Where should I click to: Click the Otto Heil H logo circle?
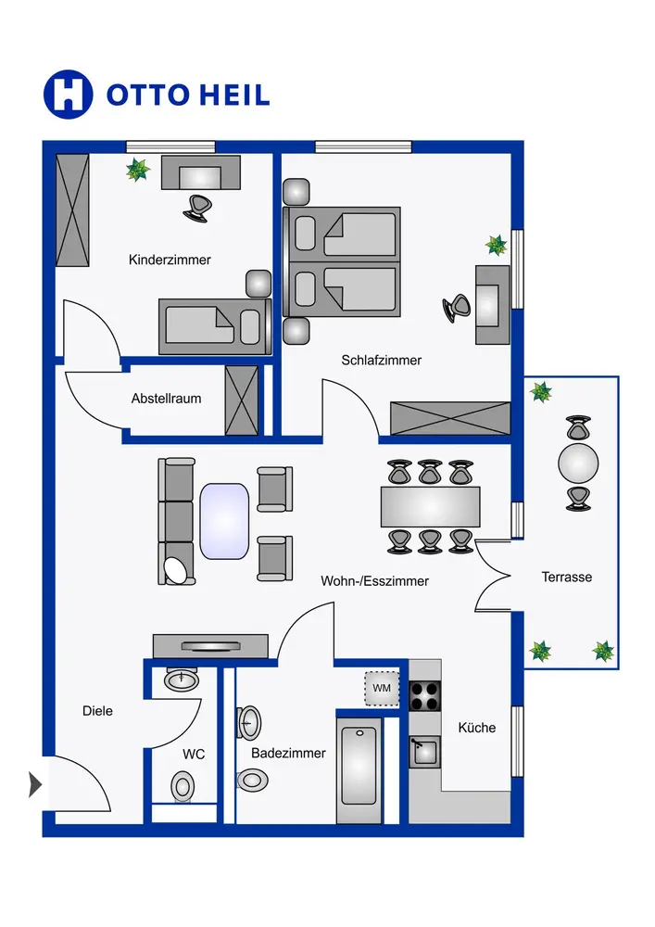69,94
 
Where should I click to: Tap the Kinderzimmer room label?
170,260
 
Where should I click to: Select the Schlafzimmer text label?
381,360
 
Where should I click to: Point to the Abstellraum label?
166,399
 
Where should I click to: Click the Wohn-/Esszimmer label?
374,581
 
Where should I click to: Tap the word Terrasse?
566,577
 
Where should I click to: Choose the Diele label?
97,711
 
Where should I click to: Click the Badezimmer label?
288,753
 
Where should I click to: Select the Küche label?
476,728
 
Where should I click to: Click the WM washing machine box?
382,688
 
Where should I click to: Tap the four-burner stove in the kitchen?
424,694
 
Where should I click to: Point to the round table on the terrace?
578,461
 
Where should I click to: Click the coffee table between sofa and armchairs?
224,522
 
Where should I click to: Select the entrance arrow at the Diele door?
36,784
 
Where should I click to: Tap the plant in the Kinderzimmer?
138,170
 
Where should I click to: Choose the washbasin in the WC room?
182,679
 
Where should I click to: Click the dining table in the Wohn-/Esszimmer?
430,507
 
